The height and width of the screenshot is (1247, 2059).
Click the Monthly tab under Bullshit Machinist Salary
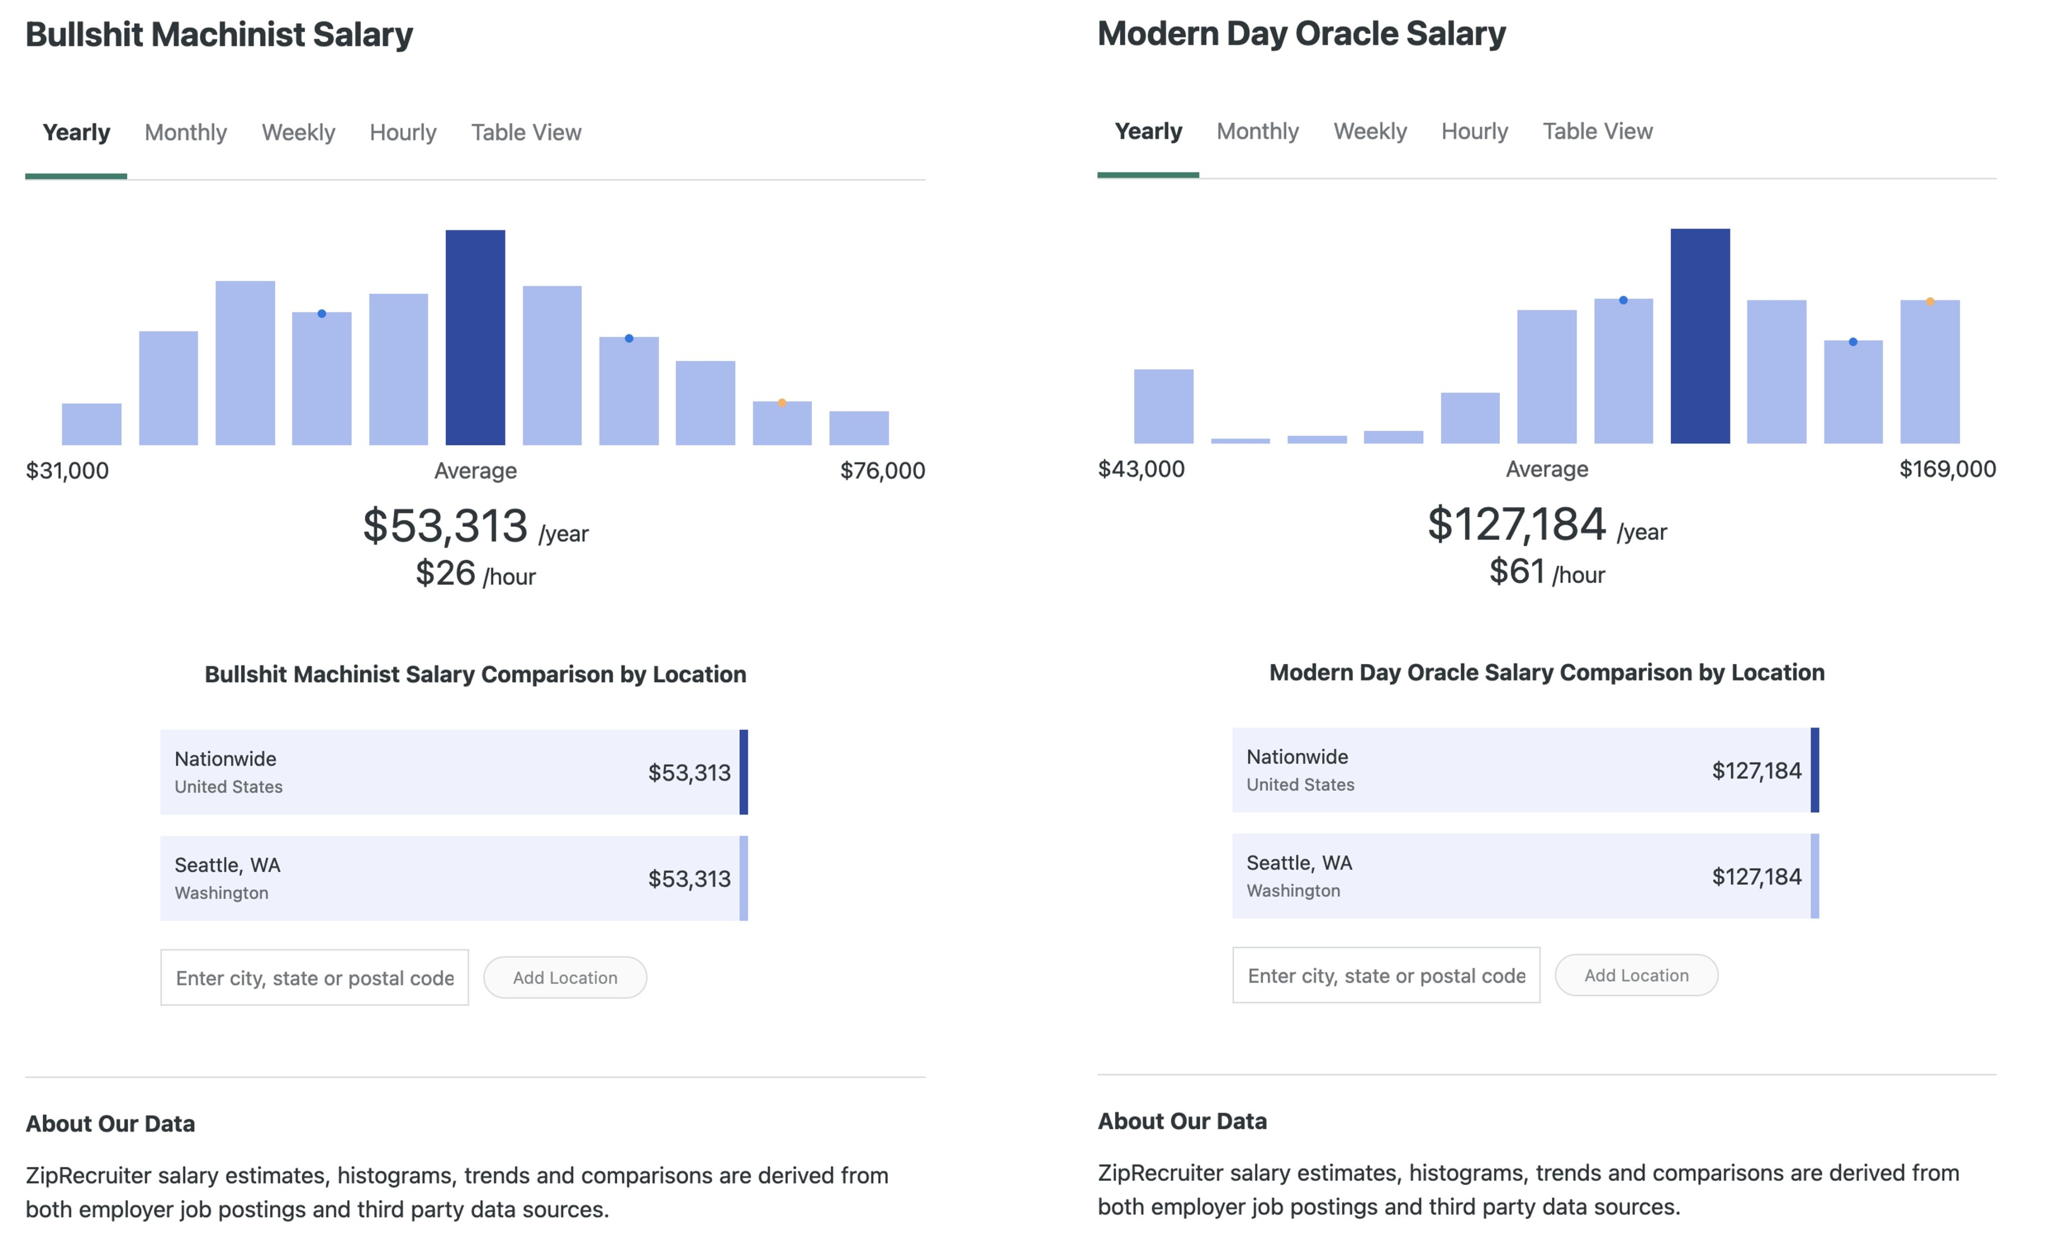point(185,132)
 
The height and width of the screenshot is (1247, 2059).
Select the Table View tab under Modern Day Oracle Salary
point(1597,131)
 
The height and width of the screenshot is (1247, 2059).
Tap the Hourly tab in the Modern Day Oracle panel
point(1474,131)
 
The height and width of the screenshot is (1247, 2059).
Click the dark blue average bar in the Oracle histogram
point(1700,336)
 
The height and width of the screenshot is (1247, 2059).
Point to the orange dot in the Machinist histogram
point(781,403)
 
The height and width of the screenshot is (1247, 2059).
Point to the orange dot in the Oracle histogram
point(1929,302)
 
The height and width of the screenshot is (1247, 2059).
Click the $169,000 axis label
point(1947,469)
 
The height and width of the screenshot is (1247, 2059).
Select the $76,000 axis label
point(882,470)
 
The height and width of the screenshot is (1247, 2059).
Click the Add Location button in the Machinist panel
point(565,977)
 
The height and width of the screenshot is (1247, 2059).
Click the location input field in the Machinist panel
point(314,977)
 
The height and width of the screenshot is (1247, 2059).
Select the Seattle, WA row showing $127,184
point(1524,876)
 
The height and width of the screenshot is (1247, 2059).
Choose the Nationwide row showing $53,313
point(453,772)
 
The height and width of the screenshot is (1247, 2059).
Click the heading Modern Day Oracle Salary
point(1300,34)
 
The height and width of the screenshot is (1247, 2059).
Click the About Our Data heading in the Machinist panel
point(110,1123)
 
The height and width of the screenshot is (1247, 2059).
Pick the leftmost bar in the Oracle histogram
point(1163,406)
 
